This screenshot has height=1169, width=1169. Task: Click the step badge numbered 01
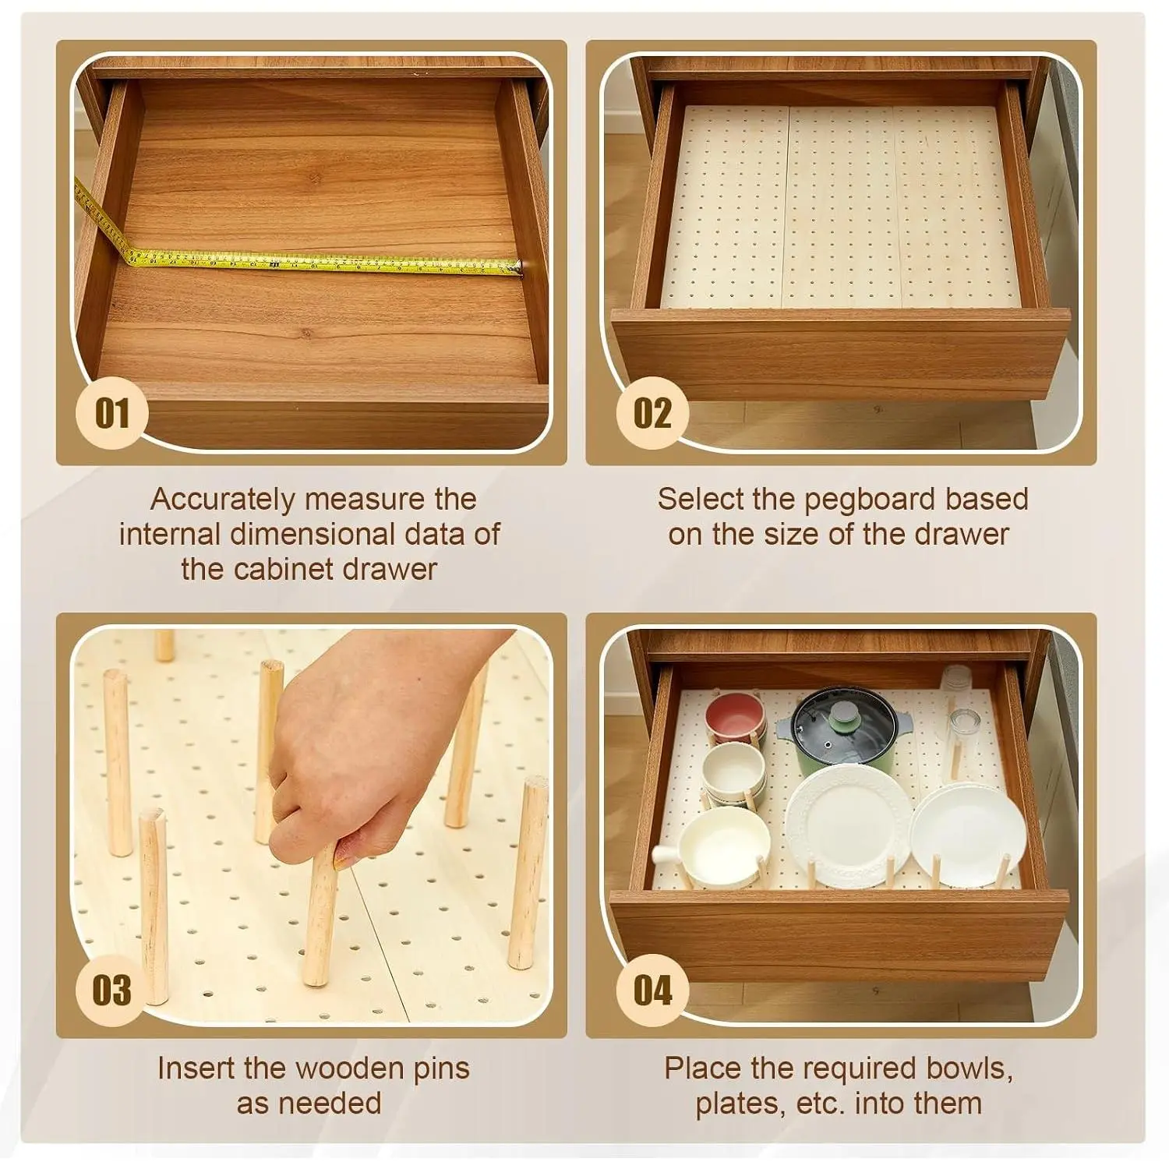[111, 413]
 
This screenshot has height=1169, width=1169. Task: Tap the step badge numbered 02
[652, 413]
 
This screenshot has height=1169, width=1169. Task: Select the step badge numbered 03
[111, 990]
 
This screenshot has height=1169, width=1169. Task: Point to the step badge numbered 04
[652, 990]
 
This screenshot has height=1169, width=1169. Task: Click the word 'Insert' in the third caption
[196, 1068]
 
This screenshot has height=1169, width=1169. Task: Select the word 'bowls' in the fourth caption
[973, 1068]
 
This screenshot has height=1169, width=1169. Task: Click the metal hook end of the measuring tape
[515, 268]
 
